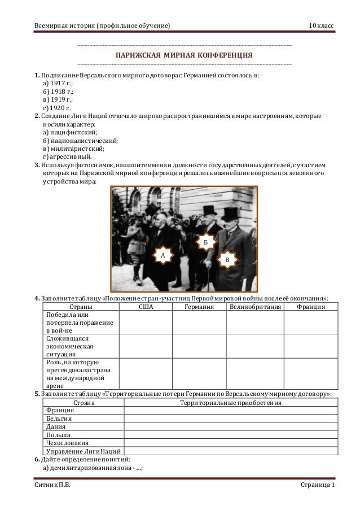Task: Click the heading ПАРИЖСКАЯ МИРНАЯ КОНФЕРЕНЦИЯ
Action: point(184,56)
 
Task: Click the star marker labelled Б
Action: point(206,242)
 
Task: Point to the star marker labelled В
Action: point(227,258)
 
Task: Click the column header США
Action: point(146,307)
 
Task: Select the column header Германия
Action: point(199,307)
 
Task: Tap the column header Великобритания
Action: point(254,307)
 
